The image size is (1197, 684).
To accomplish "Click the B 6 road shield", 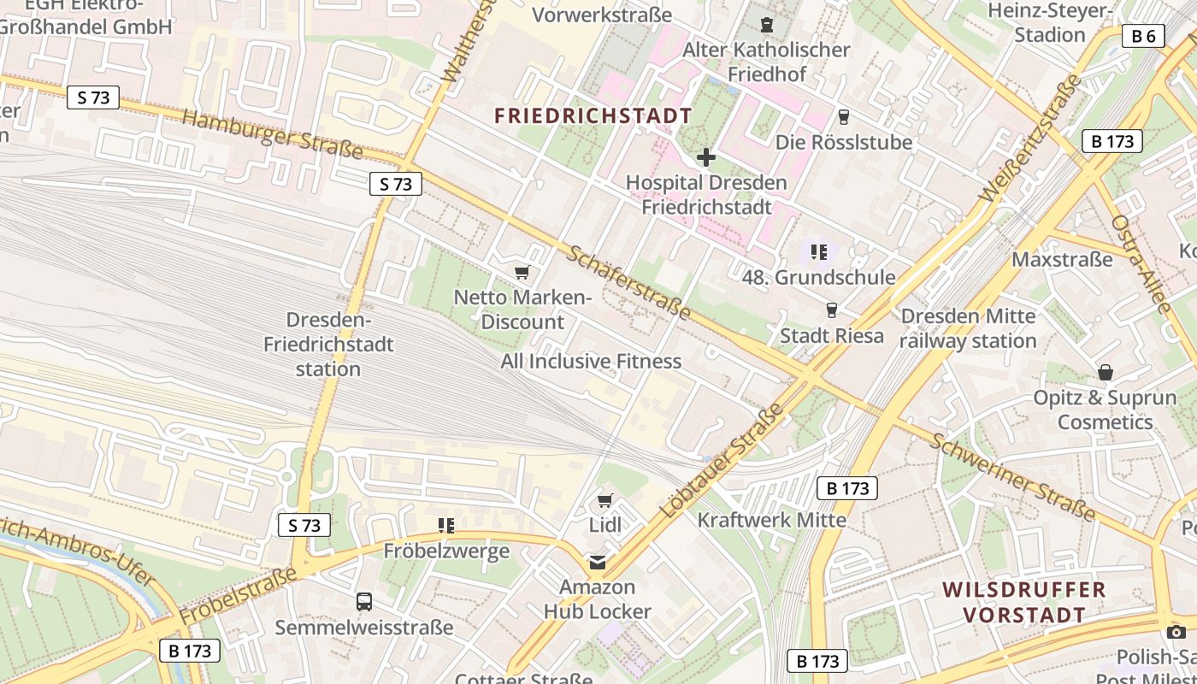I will point(1143,36).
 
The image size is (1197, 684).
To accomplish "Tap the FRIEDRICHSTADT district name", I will point(593,116).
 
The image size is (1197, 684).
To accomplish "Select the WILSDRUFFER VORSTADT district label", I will point(1024,602).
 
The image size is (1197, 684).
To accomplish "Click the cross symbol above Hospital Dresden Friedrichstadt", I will point(706,157).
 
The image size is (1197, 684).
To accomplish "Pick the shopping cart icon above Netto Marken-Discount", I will point(522,273).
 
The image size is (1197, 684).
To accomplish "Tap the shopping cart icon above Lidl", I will point(605,499).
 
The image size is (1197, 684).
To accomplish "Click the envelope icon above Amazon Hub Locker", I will point(597,562).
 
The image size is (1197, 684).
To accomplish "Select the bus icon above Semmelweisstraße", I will point(364,601).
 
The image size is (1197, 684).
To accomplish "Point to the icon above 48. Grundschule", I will point(819,252).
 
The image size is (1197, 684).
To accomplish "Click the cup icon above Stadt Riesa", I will point(831,310).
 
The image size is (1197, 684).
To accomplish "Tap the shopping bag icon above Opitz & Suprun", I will point(1106,373).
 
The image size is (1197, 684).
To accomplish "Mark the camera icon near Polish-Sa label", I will point(1176,632).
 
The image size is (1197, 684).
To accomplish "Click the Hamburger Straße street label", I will point(273,134).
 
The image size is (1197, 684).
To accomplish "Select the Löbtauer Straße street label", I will point(723,461).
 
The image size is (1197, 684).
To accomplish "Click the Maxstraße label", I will point(1062,258).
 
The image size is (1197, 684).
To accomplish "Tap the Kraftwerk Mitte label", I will point(771,520).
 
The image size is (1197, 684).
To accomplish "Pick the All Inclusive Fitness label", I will point(591,362).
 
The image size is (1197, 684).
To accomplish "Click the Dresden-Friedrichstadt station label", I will point(328,345).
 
